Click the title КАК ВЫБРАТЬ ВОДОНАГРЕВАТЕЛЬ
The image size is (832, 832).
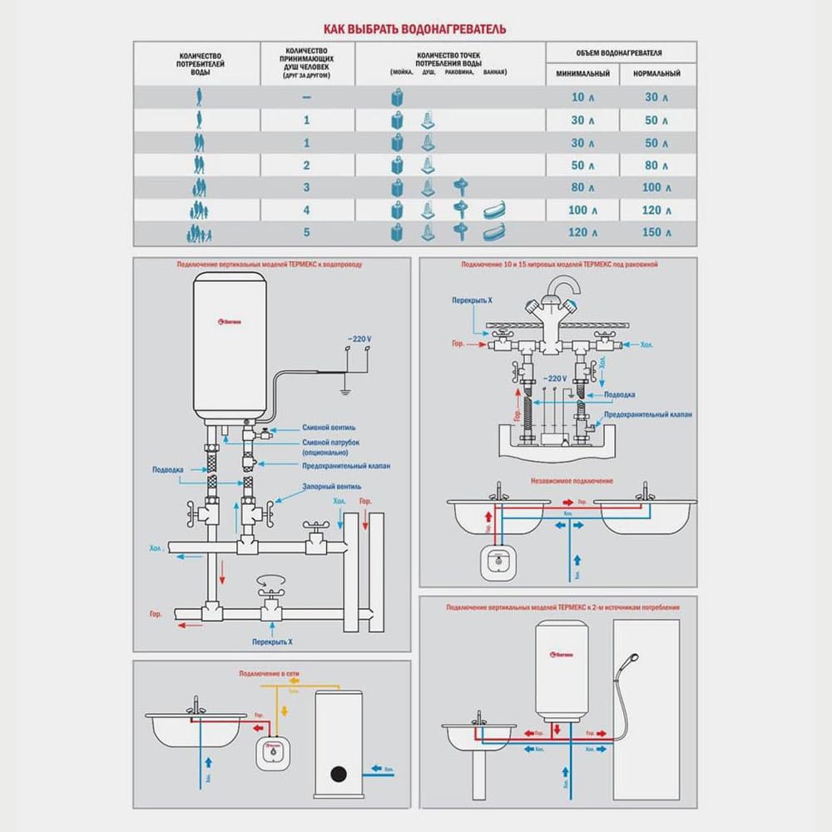[414, 30]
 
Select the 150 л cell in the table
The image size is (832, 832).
[651, 232]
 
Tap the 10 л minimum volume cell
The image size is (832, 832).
[583, 97]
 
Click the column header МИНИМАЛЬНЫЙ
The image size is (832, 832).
[583, 73]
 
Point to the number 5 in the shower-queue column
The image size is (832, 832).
[307, 232]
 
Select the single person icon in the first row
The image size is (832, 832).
[199, 97]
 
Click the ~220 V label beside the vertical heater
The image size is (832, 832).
[360, 340]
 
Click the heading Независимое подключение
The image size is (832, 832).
[572, 481]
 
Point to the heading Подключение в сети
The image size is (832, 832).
[269, 672]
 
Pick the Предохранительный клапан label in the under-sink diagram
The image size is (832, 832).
[647, 414]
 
